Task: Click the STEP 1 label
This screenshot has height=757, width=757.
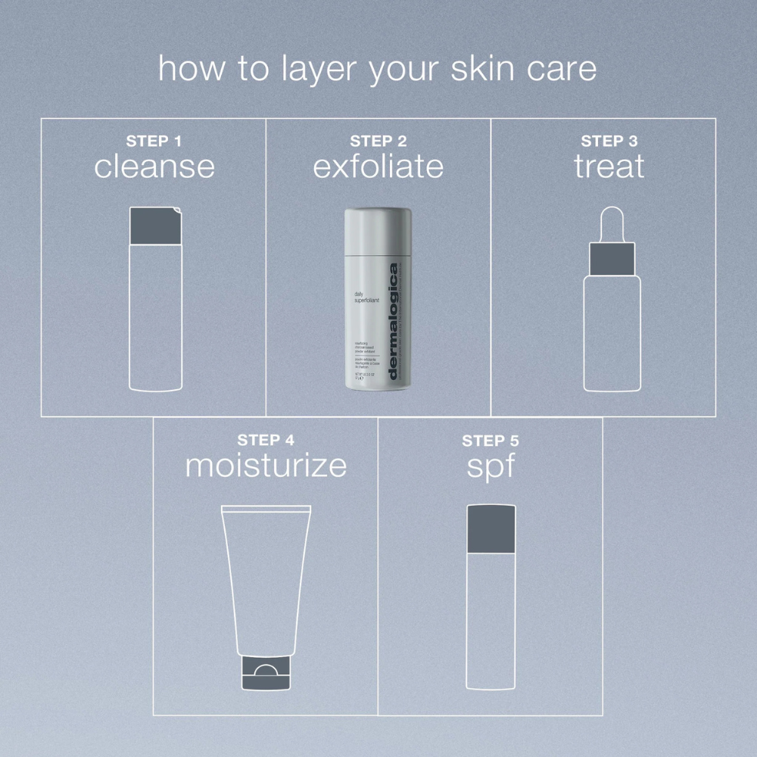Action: click(154, 141)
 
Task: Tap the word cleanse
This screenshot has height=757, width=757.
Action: click(154, 167)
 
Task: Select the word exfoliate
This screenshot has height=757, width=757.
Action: click(378, 167)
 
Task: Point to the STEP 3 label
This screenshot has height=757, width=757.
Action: click(609, 141)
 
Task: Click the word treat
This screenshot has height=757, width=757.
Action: click(609, 167)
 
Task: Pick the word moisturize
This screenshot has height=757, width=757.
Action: click(266, 466)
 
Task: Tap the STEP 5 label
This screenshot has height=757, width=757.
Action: click(491, 441)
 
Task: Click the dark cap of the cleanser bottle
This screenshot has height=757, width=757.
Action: click(156, 226)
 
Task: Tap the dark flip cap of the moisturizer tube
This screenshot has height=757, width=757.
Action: click(265, 673)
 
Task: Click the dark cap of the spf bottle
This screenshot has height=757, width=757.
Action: click(491, 528)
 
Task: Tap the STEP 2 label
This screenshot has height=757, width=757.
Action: click(378, 141)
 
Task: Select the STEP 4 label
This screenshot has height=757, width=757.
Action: click(266, 440)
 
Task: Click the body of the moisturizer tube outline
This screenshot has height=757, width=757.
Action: click(266, 575)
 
